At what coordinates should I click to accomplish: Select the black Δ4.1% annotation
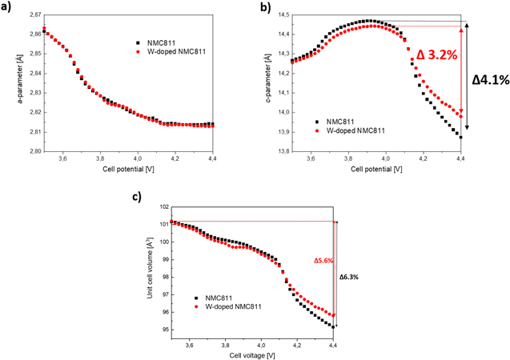point(490,82)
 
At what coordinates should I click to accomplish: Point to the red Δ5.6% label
point(323,260)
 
